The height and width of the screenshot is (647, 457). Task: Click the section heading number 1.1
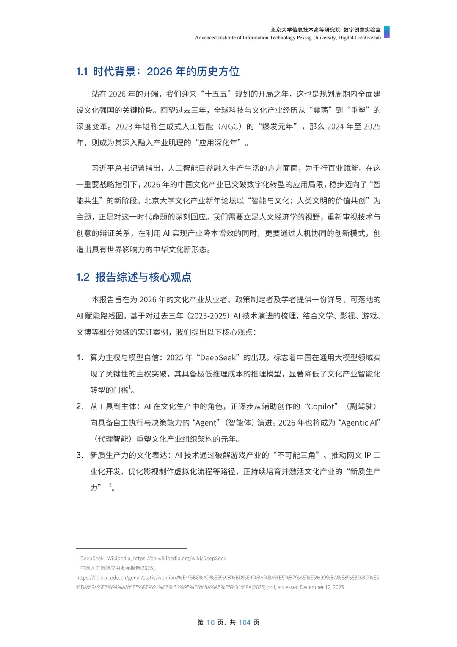click(82, 72)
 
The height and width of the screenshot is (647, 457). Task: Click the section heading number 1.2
click(83, 277)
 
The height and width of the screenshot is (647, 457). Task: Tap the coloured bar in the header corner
click(386, 32)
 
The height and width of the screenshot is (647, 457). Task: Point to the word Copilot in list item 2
click(323, 406)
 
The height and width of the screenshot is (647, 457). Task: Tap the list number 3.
click(80, 455)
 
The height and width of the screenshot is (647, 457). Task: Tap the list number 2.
click(80, 406)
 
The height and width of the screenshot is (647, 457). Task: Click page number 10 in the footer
click(210, 622)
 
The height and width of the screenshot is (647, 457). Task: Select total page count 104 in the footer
click(245, 622)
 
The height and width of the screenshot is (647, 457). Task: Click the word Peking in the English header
click(304, 38)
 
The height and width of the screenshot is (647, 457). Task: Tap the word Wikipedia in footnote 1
click(119, 559)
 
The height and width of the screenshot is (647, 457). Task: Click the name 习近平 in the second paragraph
click(103, 169)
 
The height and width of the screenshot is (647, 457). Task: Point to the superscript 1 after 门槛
click(130, 387)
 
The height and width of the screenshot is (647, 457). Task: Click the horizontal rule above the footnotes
click(131, 548)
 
